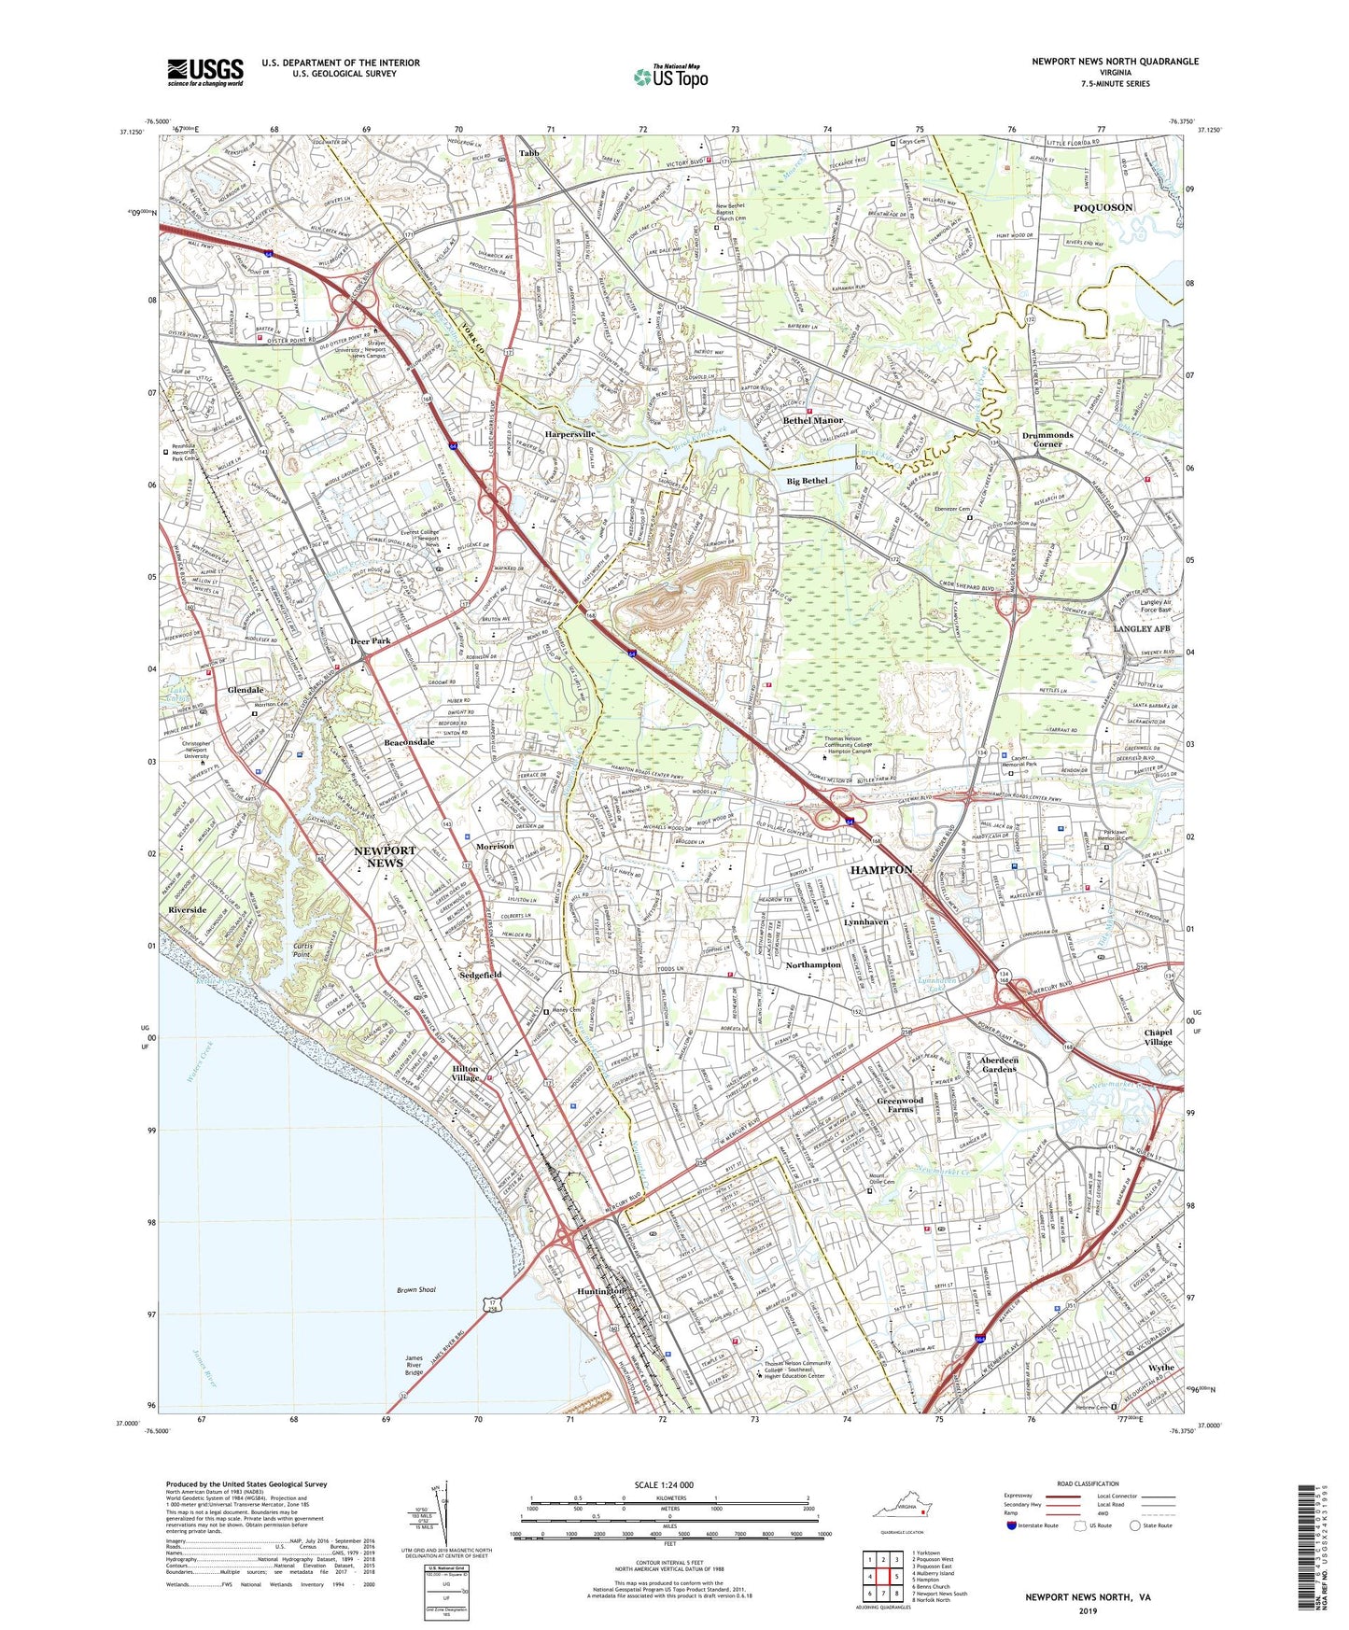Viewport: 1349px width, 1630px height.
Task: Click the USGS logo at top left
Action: coord(205,72)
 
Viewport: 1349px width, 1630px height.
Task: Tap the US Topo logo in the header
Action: coord(670,77)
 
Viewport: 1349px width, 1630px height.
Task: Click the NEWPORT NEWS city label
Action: coord(385,856)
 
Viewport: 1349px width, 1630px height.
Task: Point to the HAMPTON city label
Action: coord(881,869)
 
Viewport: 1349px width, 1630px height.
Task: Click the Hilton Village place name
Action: coord(466,1073)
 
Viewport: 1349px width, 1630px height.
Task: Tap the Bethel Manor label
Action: coord(812,420)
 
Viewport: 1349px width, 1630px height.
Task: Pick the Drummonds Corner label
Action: coord(1047,440)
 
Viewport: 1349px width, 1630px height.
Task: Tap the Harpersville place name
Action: coord(569,434)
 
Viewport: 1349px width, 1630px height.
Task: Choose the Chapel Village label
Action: coord(1159,1036)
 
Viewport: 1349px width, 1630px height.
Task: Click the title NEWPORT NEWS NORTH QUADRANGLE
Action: coord(1115,62)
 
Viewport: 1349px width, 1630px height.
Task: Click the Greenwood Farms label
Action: coord(900,1104)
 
